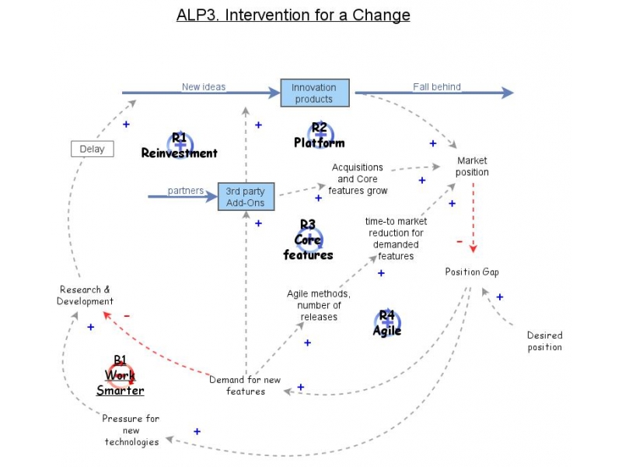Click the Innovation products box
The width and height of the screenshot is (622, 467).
314,93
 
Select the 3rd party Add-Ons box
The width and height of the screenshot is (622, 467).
245,197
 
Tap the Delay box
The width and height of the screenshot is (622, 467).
92,149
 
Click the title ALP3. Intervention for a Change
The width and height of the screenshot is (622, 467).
293,15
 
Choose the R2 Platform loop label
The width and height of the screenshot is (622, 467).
319,135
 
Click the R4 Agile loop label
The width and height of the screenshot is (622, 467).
387,323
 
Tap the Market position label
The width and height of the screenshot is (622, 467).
473,167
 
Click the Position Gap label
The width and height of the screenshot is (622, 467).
472,272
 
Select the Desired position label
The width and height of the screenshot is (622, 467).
544,341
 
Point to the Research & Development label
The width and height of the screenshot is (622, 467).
86,295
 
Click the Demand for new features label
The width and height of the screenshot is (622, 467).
245,385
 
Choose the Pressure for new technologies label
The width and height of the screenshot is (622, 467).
131,430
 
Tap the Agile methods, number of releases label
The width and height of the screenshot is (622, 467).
319,305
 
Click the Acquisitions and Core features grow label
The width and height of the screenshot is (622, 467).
358,178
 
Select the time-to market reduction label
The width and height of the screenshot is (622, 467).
396,238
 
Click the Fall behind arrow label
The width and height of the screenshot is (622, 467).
437,86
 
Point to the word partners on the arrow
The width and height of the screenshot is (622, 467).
185,191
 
